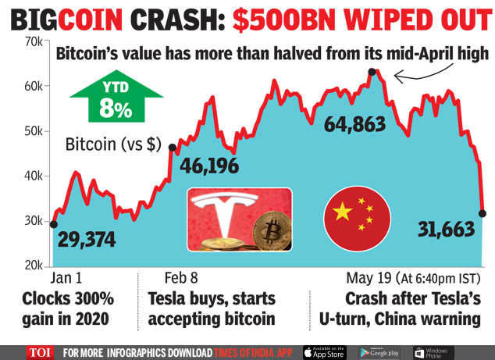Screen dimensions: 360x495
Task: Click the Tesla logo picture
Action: (x=237, y=219)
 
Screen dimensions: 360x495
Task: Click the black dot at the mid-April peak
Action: (x=372, y=72)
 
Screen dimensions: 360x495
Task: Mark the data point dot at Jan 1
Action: (x=53, y=224)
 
